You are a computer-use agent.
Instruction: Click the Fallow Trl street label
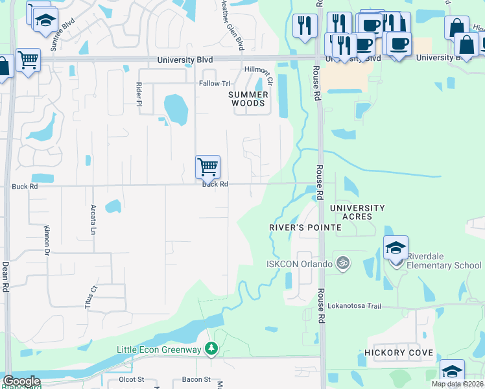point(215,84)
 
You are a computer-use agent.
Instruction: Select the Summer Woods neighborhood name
point(248,99)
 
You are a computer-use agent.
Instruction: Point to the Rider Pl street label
point(139,93)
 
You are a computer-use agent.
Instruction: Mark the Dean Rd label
point(5,276)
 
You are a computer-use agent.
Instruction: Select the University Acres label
point(357,212)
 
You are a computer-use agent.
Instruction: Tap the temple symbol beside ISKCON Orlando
point(343,263)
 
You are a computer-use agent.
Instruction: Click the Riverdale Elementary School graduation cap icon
point(396,248)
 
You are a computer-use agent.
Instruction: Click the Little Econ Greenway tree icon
point(211,349)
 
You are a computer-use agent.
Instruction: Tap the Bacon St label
point(196,379)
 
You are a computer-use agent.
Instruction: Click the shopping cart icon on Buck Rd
point(207,167)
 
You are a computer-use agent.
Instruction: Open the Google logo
point(21,381)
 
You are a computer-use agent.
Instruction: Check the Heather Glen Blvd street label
point(232,26)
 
